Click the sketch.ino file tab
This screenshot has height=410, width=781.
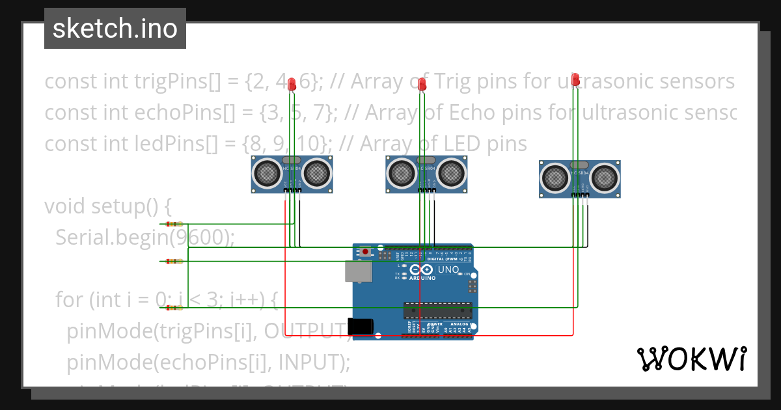pos(115,29)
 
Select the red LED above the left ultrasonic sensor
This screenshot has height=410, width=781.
pos(292,83)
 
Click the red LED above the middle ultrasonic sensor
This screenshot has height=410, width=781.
pos(422,84)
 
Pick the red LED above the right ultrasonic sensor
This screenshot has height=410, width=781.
pos(575,80)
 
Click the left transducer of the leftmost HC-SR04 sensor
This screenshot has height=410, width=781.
pos(267,172)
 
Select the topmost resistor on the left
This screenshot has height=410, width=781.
pos(174,224)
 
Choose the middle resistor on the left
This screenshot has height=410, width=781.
pos(174,262)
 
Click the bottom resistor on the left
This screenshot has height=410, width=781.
pos(174,307)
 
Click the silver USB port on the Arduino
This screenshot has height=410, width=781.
pos(359,271)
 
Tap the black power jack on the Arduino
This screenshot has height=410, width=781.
pos(361,326)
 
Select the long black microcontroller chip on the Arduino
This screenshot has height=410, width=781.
pos(437,312)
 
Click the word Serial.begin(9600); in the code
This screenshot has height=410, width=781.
pos(144,237)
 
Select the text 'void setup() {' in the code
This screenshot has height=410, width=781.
pos(108,206)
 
